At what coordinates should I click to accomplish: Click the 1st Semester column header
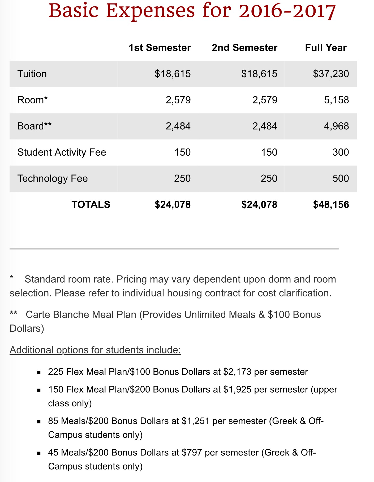pyautogui.click(x=160, y=48)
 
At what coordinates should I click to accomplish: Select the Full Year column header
pyautogui.click(x=326, y=48)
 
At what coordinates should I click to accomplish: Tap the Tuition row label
pyautogui.click(x=32, y=74)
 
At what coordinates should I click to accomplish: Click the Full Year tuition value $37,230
pyautogui.click(x=331, y=74)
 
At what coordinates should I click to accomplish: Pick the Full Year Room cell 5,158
pyautogui.click(x=336, y=100)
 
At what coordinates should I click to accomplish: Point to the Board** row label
pyautogui.click(x=34, y=126)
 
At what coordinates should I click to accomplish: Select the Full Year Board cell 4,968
pyautogui.click(x=336, y=126)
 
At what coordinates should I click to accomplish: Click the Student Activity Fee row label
pyautogui.click(x=62, y=152)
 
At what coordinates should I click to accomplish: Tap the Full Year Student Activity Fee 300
pyautogui.click(x=341, y=152)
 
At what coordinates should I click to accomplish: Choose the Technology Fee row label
pyautogui.click(x=52, y=178)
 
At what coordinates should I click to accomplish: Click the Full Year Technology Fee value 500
pyautogui.click(x=341, y=178)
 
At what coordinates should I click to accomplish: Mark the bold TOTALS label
pyautogui.click(x=91, y=205)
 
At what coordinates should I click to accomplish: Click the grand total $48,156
pyautogui.click(x=331, y=205)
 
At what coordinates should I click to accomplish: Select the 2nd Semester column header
pyautogui.click(x=244, y=48)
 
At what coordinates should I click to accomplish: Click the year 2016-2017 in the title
pyautogui.click(x=287, y=11)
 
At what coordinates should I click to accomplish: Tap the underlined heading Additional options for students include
pyautogui.click(x=95, y=350)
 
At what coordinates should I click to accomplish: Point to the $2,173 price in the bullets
pyautogui.click(x=237, y=372)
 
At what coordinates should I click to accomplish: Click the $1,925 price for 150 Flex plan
pyautogui.click(x=237, y=389)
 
